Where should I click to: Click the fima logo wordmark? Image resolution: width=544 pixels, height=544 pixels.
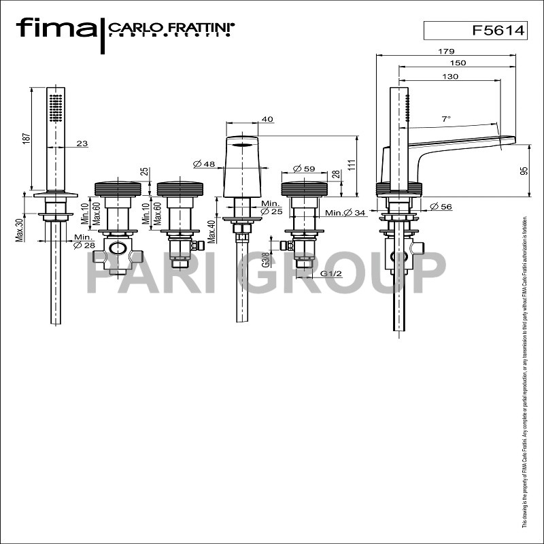click(x=56, y=29)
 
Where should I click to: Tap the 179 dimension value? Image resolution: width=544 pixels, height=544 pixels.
click(x=445, y=51)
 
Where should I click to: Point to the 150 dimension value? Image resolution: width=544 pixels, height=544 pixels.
click(x=458, y=63)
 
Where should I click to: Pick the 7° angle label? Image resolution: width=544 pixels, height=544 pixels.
click(x=446, y=119)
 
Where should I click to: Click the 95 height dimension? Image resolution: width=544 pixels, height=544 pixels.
click(x=524, y=171)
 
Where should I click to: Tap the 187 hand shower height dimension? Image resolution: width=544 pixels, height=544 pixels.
click(x=27, y=137)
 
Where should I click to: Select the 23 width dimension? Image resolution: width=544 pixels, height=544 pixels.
click(x=82, y=143)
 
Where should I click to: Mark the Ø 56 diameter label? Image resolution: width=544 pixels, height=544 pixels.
click(x=442, y=207)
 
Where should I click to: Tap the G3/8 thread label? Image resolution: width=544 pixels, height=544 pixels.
click(x=267, y=260)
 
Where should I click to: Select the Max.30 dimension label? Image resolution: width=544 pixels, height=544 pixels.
click(x=21, y=229)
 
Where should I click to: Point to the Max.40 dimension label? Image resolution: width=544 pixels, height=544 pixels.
click(x=212, y=229)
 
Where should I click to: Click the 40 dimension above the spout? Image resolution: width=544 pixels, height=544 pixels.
click(x=267, y=120)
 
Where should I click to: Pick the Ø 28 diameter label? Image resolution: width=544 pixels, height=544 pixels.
click(x=84, y=245)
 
